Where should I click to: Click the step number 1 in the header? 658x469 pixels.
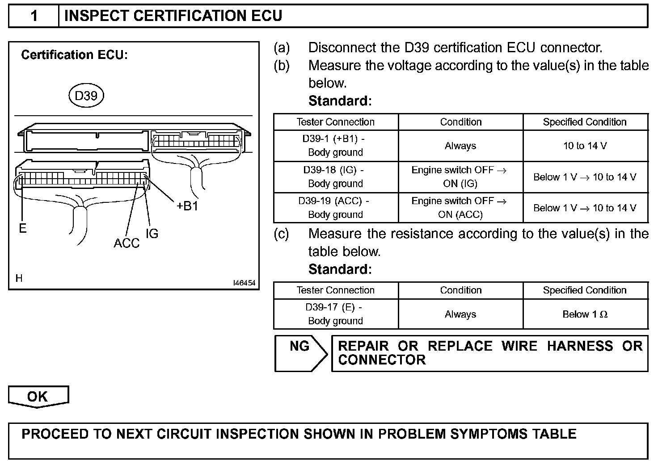(34, 16)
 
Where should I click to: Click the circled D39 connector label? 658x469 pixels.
(86, 96)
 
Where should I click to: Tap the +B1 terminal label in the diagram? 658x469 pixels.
(187, 206)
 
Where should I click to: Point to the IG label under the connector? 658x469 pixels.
(152, 233)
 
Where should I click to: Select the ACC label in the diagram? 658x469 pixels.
(127, 243)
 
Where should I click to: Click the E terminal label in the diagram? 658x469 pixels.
(23, 229)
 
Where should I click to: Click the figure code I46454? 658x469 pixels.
(244, 283)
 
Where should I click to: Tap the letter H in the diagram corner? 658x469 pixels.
(19, 279)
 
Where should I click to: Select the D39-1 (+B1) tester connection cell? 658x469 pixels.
(335, 146)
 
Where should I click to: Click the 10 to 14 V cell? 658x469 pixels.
(585, 146)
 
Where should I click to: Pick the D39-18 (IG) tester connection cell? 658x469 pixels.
(335, 177)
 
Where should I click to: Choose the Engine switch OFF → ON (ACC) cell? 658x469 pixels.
(460, 208)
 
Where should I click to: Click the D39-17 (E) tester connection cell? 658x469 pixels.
(335, 314)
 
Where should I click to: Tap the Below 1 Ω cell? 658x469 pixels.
(585, 314)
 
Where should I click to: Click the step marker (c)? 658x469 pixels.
(281, 234)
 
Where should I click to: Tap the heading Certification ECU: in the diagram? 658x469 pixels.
(74, 55)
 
